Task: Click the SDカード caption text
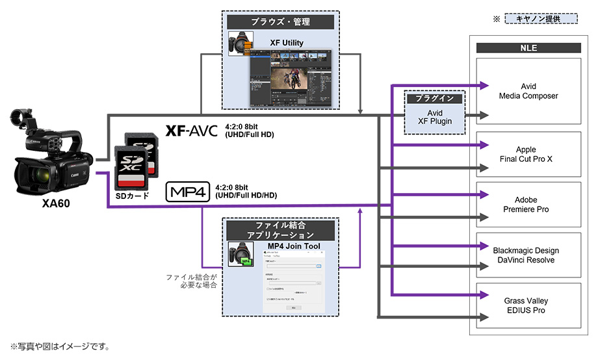(133, 196)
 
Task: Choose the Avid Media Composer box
(528, 91)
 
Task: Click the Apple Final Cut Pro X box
(528, 155)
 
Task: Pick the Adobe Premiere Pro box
(528, 205)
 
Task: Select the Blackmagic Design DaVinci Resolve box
(528, 255)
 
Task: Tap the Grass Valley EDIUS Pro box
(528, 305)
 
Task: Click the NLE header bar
(528, 48)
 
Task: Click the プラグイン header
(434, 99)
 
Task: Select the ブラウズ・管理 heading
(280, 22)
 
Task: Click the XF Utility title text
(287, 43)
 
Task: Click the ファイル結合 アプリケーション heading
(280, 229)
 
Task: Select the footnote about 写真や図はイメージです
(60, 346)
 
